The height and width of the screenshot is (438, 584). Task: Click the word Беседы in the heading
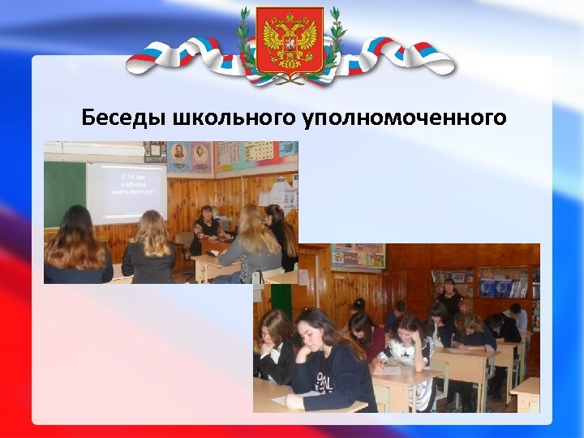click(x=124, y=118)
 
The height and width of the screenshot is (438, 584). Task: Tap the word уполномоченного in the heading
click(x=405, y=118)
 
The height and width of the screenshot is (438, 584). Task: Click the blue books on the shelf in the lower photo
click(x=495, y=287)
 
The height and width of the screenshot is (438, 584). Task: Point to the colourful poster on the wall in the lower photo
click(x=358, y=255)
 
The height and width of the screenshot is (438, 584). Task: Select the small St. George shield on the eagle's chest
click(x=290, y=41)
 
